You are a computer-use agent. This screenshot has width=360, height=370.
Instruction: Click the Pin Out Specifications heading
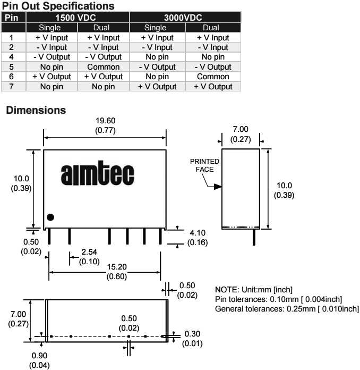click(x=58, y=6)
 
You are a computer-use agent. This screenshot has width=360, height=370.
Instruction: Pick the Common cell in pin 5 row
click(x=104, y=67)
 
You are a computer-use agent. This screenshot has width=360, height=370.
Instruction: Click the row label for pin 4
click(x=11, y=57)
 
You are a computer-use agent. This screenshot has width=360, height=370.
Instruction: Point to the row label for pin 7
click(x=11, y=86)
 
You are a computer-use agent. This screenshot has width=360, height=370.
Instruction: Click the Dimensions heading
click(x=35, y=111)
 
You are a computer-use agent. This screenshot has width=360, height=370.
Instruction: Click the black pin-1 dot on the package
click(x=50, y=217)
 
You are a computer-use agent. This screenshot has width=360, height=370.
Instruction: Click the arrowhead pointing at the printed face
click(x=217, y=187)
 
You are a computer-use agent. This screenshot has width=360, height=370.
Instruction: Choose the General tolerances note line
click(x=287, y=309)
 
